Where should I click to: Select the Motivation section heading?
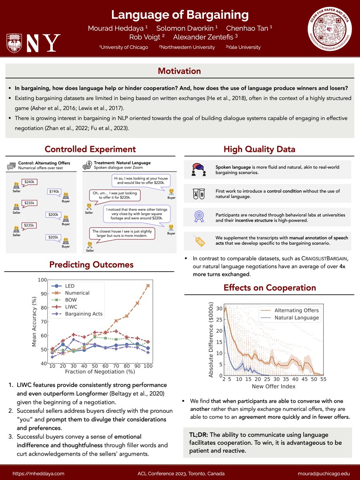tap(180, 71)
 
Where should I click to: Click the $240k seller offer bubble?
tap(29, 182)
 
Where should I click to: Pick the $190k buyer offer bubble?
tap(54, 192)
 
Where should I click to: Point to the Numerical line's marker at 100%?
tap(148, 286)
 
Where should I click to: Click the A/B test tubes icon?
tap(199, 194)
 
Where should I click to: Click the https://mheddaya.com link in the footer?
tap(38, 473)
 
